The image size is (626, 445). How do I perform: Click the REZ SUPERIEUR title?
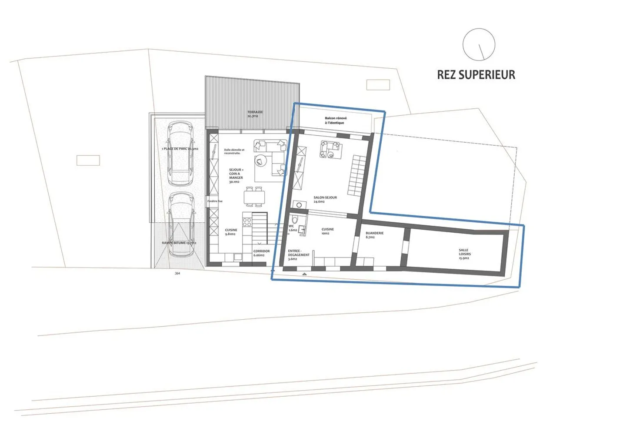pyautogui.click(x=476, y=75)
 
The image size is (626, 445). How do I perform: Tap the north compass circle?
pyautogui.click(x=479, y=44)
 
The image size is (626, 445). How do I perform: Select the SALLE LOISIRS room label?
pyautogui.click(x=464, y=254)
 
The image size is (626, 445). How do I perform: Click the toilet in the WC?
pyautogui.click(x=295, y=219)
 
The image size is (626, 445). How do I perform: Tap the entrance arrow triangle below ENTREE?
pyautogui.click(x=304, y=274)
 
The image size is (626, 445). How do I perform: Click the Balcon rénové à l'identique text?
pyautogui.click(x=335, y=120)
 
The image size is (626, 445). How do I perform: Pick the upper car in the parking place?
pyautogui.click(x=180, y=153)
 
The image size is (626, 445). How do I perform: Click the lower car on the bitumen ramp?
pyautogui.click(x=180, y=224)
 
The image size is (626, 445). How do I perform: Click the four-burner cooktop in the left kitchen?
pyautogui.click(x=247, y=222)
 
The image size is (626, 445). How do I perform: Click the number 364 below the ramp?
pyautogui.click(x=177, y=273)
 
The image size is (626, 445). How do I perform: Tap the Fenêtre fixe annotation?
pyautogui.click(x=215, y=201)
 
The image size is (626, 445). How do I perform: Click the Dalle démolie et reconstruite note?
pyautogui.click(x=234, y=151)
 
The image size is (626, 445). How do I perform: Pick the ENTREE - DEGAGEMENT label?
pyautogui.click(x=299, y=255)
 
